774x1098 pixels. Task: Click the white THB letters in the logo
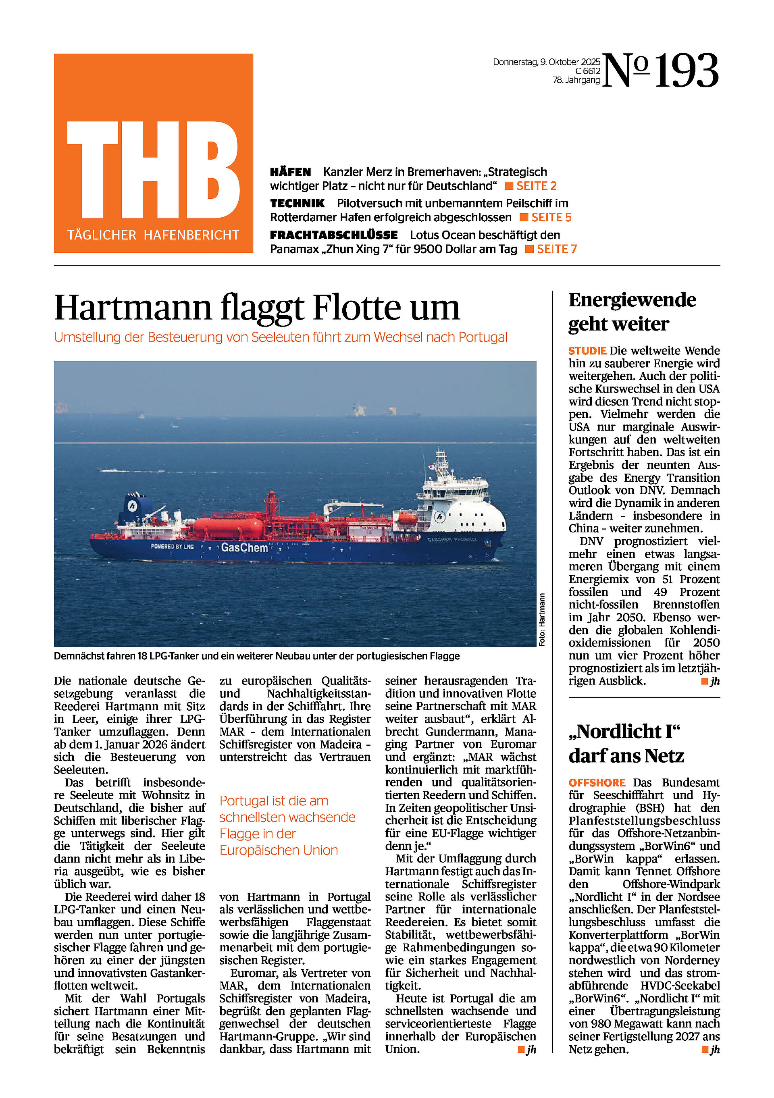pos(153,170)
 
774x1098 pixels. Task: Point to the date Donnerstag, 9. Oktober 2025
pos(546,62)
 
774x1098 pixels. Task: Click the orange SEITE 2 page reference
pos(536,186)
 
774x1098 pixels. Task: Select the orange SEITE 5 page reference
pos(551,218)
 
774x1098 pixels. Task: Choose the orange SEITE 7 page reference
pos(556,249)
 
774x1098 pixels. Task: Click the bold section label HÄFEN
pos(290,172)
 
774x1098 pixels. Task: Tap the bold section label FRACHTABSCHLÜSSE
pos(333,235)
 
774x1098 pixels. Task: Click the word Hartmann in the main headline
pos(133,308)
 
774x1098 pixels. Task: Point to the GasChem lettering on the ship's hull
pos(244,547)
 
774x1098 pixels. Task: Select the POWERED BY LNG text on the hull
pos(172,546)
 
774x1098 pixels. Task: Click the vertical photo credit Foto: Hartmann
pos(542,620)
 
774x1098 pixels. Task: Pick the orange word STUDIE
pos(587,351)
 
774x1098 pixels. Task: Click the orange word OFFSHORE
pos(597,783)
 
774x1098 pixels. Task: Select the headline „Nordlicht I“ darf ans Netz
pos(626,744)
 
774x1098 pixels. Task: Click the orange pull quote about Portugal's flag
pos(287,825)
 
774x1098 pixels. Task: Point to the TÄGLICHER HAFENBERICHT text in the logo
pos(153,235)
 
